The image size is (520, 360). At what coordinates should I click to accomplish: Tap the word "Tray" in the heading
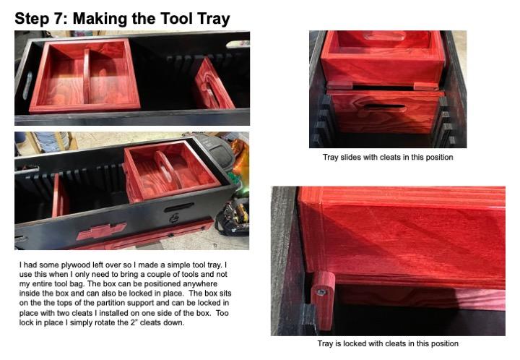coord(210,18)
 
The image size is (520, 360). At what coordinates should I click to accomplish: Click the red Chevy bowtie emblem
coord(100,231)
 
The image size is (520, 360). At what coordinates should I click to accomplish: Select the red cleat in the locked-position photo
coord(323,299)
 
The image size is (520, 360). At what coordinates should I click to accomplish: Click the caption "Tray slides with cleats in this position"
coord(387,157)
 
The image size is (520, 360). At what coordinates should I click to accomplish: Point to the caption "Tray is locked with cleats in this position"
coord(388,343)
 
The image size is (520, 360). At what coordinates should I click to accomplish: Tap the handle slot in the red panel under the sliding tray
coord(386,108)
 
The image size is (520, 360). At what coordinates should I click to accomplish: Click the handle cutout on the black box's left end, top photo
coord(27,83)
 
